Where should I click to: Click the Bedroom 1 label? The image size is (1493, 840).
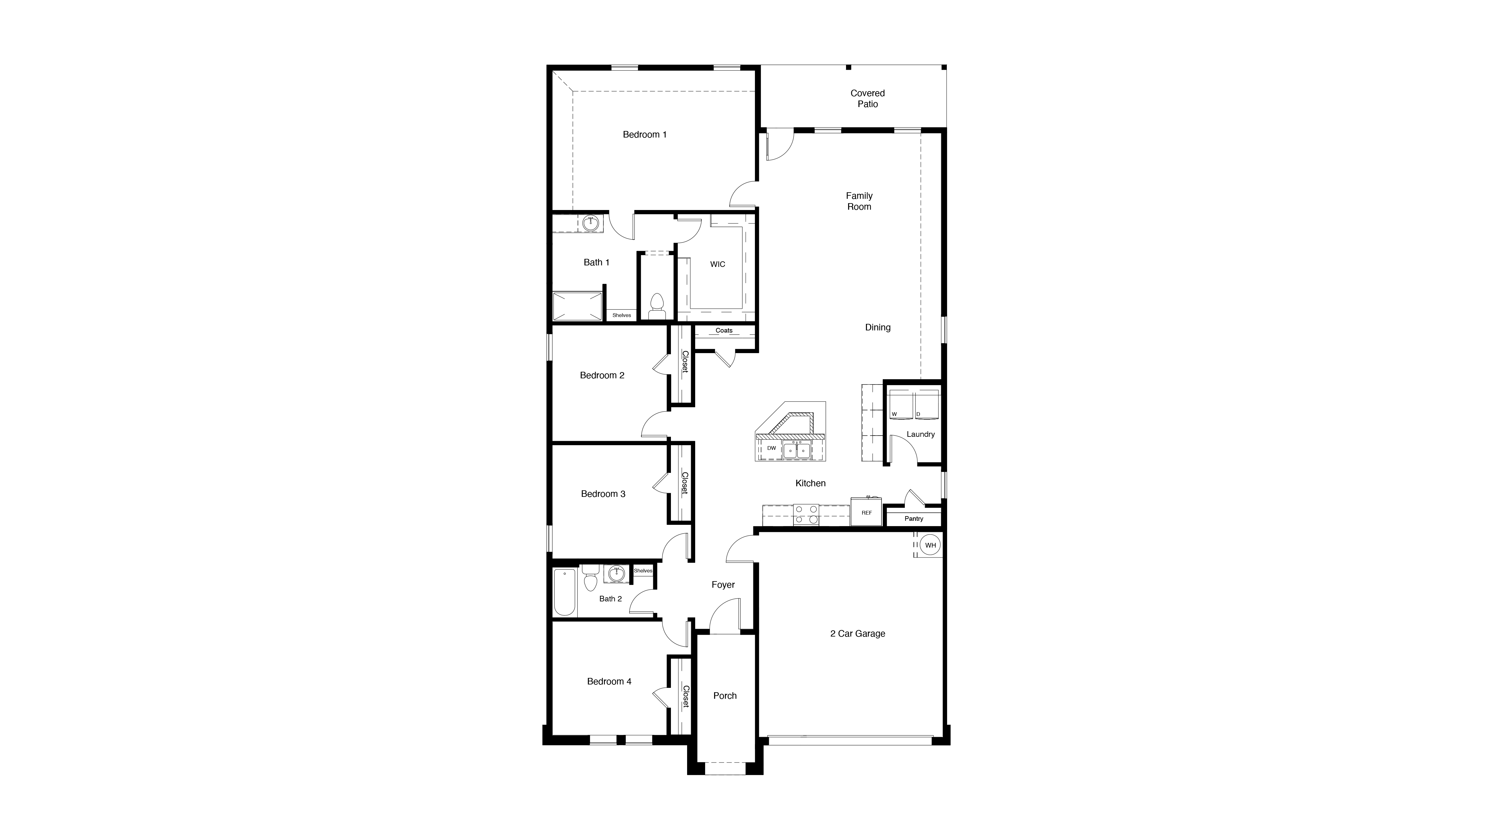(x=644, y=134)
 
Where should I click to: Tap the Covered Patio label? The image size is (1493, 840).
(x=867, y=99)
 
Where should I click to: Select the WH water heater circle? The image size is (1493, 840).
(x=930, y=545)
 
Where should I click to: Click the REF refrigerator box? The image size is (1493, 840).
(x=867, y=512)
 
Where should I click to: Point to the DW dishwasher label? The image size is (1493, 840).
(x=771, y=448)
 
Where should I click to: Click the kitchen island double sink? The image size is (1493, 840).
(x=796, y=450)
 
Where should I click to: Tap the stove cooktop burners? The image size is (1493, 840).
(x=806, y=515)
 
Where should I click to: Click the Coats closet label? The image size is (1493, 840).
(x=724, y=330)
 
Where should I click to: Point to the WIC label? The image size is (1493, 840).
(x=718, y=264)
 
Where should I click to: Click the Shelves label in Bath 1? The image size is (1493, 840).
(x=621, y=315)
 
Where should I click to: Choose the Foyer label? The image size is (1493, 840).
(x=723, y=585)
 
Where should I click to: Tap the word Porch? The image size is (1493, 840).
(x=724, y=696)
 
